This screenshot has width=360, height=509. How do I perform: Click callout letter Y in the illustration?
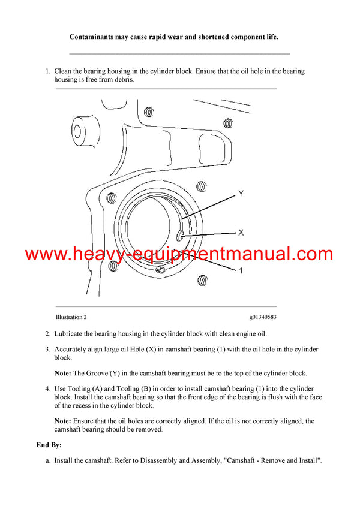(241, 194)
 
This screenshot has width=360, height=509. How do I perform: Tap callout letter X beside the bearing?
(241, 232)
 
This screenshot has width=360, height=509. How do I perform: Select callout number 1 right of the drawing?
(241, 271)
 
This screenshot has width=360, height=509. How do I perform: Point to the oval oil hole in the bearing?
(179, 235)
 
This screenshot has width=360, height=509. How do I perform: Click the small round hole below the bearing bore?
(160, 271)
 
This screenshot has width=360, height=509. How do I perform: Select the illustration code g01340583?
(262, 317)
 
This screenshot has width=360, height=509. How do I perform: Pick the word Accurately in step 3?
(73, 350)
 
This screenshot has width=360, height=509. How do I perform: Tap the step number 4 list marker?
(47, 389)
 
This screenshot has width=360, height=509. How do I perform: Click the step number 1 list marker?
(47, 71)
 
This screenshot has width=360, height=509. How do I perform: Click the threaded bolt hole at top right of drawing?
(228, 123)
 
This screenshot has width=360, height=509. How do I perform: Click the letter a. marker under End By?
(47, 460)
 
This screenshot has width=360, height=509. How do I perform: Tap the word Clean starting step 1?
(64, 71)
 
